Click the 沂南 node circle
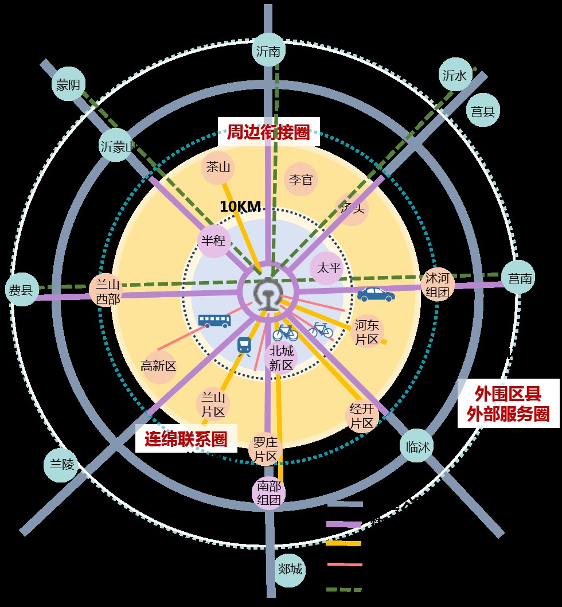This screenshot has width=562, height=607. pyautogui.click(x=268, y=51)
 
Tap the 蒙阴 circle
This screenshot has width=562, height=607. pyautogui.click(x=68, y=85)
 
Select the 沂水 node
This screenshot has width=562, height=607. pyautogui.click(x=456, y=75)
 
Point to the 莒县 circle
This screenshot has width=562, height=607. pyautogui.click(x=483, y=111)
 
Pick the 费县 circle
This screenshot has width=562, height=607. pyautogui.click(x=22, y=289)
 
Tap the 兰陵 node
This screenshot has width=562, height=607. pyautogui.click(x=60, y=465)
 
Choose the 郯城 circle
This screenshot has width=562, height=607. pyautogui.click(x=290, y=570)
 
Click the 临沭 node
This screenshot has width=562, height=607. pyautogui.click(x=416, y=447)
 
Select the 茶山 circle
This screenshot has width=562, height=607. pyautogui.click(x=218, y=168)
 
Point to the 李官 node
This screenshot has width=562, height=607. pyautogui.click(x=300, y=180)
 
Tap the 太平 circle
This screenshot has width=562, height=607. pyautogui.click(x=329, y=267)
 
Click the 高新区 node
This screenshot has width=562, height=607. pyautogui.click(x=158, y=366)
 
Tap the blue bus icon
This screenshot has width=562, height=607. pyautogui.click(x=214, y=320)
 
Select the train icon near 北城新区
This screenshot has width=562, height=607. pyautogui.click(x=244, y=346)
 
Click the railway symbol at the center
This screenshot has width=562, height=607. pyautogui.click(x=267, y=294)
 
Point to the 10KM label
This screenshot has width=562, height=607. pyautogui.click(x=240, y=207)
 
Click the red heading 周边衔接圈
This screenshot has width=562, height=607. pyautogui.click(x=268, y=133)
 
